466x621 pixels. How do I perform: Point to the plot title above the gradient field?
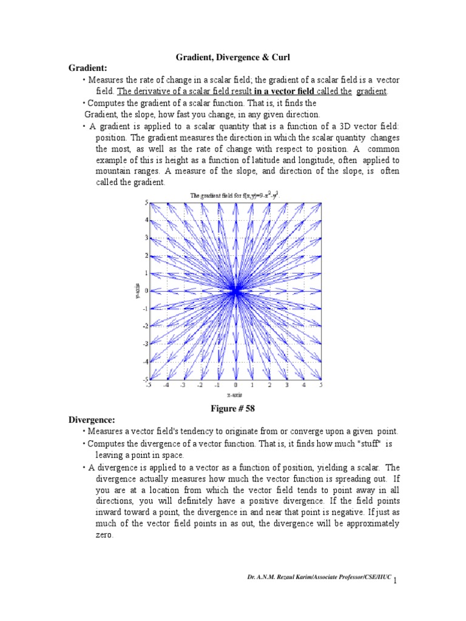coord(235,195)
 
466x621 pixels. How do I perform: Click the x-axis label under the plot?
coord(235,395)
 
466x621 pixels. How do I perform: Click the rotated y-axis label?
coord(137,290)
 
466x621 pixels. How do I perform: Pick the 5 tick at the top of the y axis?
coord(146,203)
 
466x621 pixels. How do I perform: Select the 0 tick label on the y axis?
coord(146,290)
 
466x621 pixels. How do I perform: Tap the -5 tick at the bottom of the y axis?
coord(144,379)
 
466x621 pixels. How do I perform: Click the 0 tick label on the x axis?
coord(235,385)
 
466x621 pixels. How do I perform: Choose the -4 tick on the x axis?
coord(165,385)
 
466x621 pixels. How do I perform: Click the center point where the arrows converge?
coord(235,290)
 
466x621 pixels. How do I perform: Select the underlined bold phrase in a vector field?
coord(288,92)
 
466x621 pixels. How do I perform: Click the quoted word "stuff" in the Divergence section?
coord(364,443)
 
